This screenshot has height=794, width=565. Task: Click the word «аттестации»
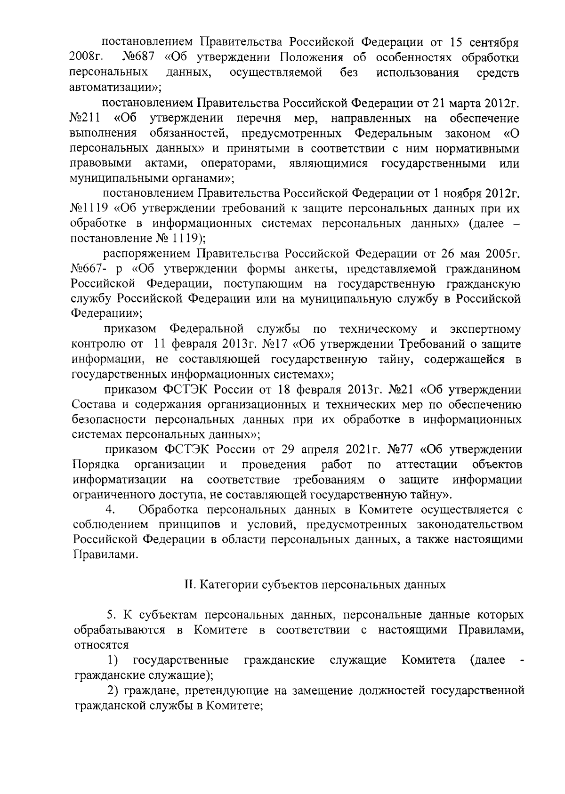pos(426,465)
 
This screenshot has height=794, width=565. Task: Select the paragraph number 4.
pos(111,510)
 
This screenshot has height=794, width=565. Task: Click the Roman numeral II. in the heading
pos(190,585)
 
